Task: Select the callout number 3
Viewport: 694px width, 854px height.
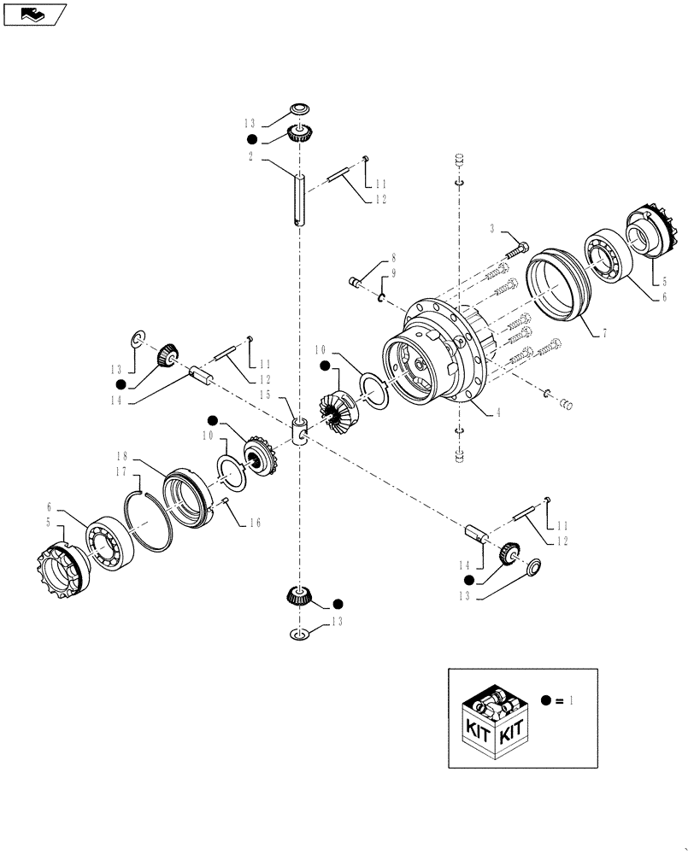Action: [x=493, y=229]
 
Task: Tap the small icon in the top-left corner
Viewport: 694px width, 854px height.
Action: [x=34, y=14]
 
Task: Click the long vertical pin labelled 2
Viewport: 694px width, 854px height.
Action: [x=299, y=198]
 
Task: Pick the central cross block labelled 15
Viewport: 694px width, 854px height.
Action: [x=299, y=430]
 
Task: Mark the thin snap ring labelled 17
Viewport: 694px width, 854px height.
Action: [x=150, y=520]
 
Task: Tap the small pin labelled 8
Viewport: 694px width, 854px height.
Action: [x=359, y=280]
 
